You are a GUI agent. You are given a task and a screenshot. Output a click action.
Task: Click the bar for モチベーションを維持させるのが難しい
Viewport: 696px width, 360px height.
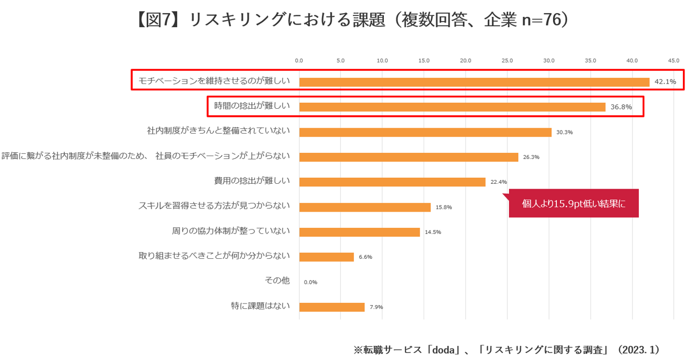[x=474, y=82]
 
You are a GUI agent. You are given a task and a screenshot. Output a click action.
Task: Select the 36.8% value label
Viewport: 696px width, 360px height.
[x=621, y=107]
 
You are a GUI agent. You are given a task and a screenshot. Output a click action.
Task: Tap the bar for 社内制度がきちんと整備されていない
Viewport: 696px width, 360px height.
[x=425, y=132]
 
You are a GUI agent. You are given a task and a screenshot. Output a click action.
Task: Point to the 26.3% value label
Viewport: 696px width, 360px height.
[x=531, y=157]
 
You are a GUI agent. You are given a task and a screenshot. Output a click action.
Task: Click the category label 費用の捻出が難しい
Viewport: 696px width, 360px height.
[x=252, y=181]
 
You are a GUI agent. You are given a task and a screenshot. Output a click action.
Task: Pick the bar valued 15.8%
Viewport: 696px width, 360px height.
[x=365, y=207]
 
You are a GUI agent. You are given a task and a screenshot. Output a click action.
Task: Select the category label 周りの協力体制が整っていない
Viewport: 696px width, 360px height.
[x=231, y=231]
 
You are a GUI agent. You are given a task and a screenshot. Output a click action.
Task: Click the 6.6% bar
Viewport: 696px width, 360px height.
[x=326, y=257]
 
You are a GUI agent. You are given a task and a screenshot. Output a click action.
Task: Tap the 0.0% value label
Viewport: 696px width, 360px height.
[x=310, y=282]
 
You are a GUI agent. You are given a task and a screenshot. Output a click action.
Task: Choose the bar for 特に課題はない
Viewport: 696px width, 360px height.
[x=332, y=307]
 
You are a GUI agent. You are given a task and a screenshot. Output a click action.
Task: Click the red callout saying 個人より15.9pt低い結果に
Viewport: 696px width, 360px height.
[x=574, y=203]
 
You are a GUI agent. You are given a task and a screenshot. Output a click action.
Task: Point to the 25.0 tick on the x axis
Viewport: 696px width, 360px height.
[x=507, y=60]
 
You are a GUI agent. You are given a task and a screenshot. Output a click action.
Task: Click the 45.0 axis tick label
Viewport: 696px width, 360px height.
[x=674, y=60]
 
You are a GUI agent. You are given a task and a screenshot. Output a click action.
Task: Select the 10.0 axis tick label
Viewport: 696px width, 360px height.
[x=382, y=60]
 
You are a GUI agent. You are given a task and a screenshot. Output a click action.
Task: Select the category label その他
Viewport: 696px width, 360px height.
[x=277, y=281]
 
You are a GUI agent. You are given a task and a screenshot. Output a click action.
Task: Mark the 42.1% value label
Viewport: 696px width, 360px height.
[x=665, y=82]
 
